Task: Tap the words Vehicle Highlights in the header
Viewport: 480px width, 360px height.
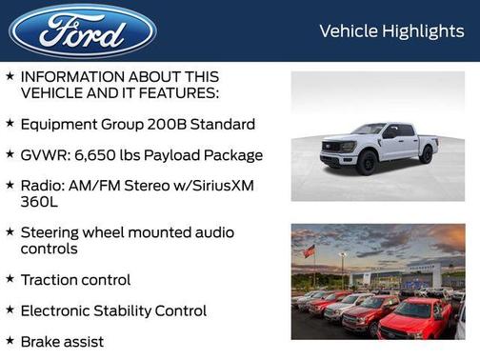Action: pos(391,31)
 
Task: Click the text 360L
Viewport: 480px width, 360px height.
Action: pos(40,202)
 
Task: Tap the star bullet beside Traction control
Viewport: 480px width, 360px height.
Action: pos(10,279)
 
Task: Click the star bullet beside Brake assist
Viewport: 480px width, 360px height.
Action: pos(10,340)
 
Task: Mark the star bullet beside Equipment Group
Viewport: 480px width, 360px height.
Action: pos(10,123)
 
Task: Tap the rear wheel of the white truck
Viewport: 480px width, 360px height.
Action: pos(426,154)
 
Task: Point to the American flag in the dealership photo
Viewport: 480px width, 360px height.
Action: pos(309,251)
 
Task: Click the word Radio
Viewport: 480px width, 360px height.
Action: pos(43,185)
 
